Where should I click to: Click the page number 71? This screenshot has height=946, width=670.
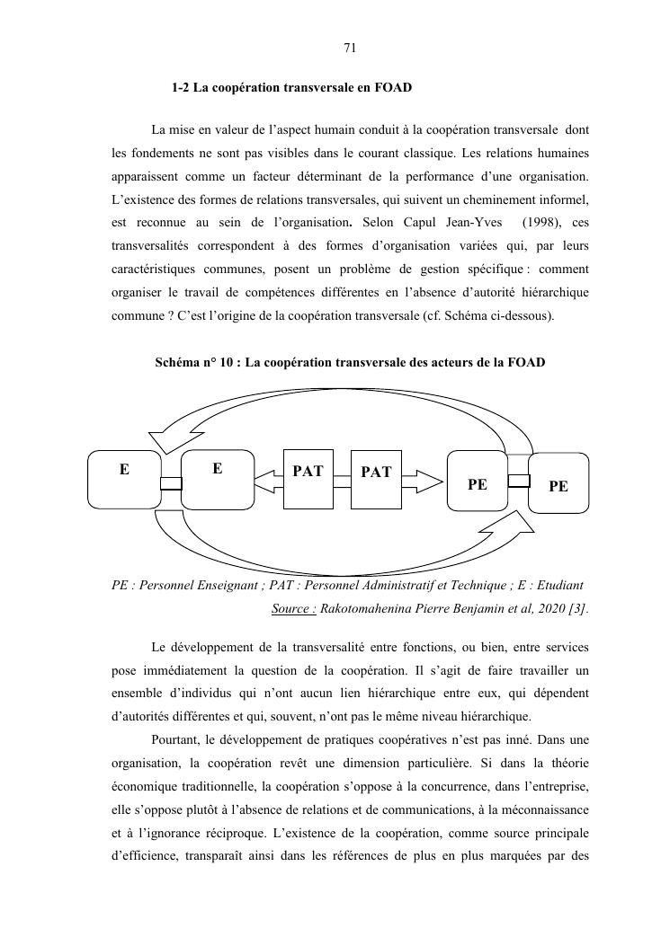coord(351,49)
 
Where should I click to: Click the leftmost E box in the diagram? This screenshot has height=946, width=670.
coord(123,480)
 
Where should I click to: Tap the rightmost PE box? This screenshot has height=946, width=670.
coord(558,484)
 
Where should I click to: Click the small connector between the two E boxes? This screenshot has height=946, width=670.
coord(171,484)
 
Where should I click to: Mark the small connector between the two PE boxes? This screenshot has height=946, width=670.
coord(518,480)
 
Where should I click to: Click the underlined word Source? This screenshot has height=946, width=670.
coord(293,609)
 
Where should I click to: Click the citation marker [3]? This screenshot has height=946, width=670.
coord(577,609)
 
